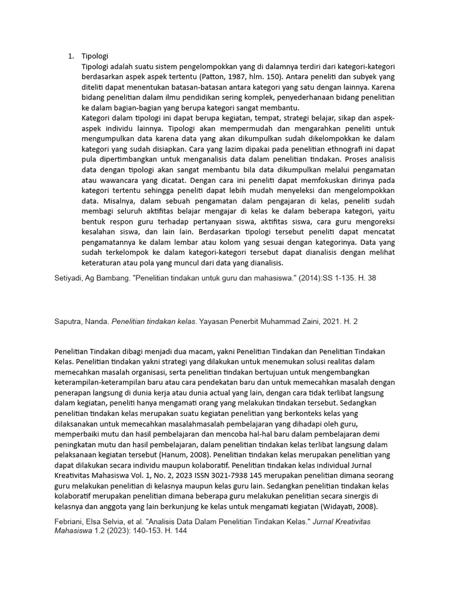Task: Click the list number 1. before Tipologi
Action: click(70, 56)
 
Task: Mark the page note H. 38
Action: click(365, 279)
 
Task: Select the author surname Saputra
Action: click(70, 321)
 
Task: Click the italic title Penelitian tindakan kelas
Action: click(154, 321)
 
